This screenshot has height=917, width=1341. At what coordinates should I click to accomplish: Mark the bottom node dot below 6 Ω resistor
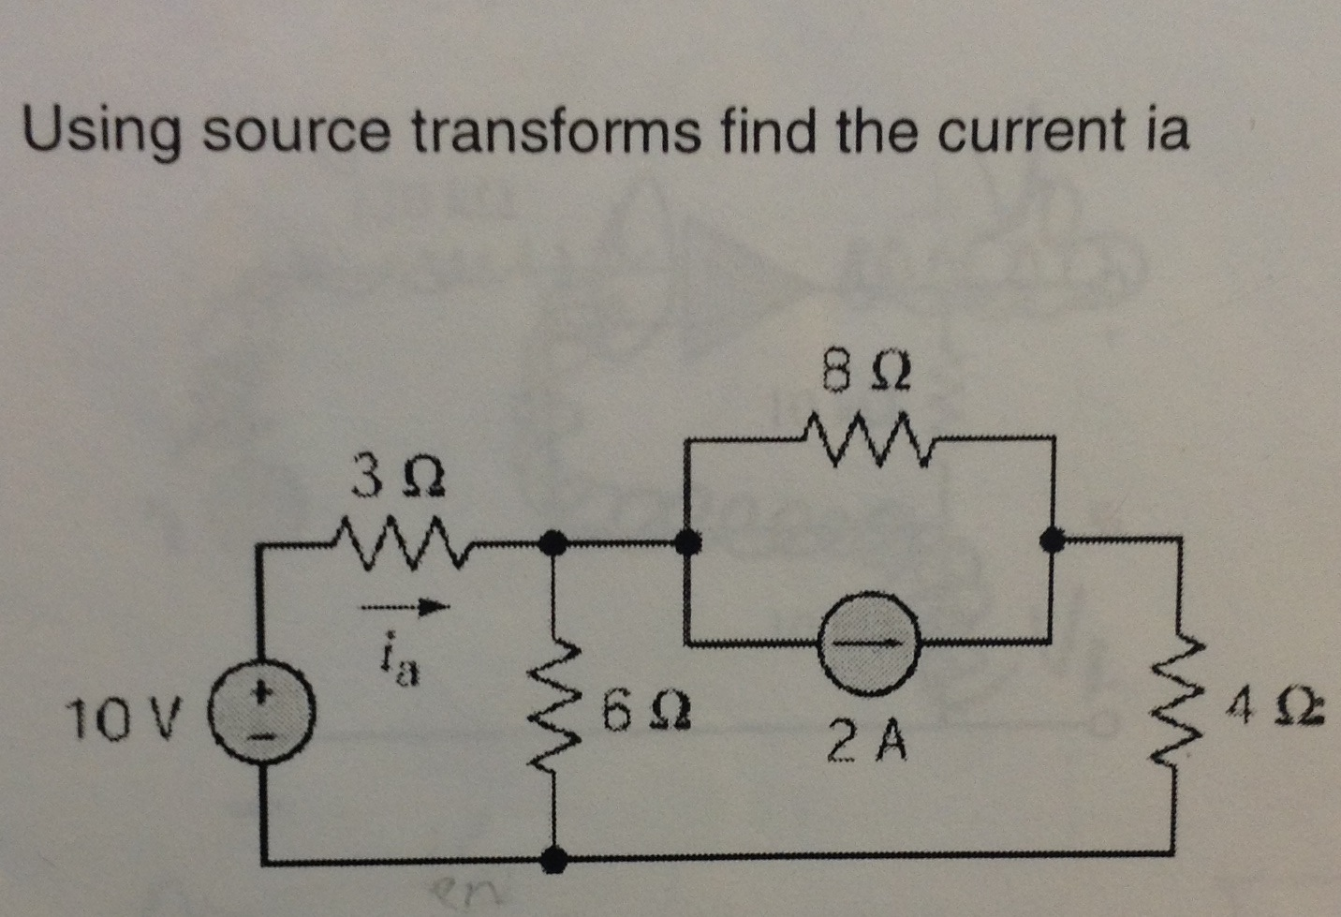click(x=556, y=856)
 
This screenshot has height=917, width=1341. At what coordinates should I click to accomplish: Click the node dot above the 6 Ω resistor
click(x=555, y=541)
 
